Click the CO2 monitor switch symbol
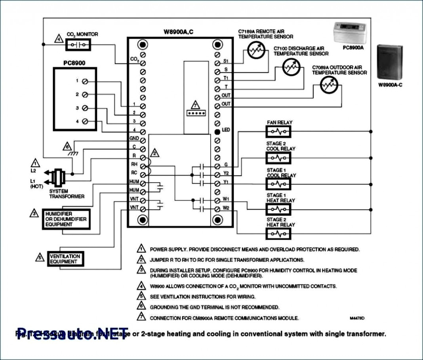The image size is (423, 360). tap(78, 45)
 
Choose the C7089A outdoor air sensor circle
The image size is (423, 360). tap(328, 85)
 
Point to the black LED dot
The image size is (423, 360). tap(217, 131)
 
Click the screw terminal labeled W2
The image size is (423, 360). tap(217, 208)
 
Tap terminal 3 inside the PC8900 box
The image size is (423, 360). tap(85, 108)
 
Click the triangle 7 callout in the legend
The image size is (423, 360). tap(141, 317)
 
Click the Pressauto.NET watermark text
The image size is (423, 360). tap(73, 333)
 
